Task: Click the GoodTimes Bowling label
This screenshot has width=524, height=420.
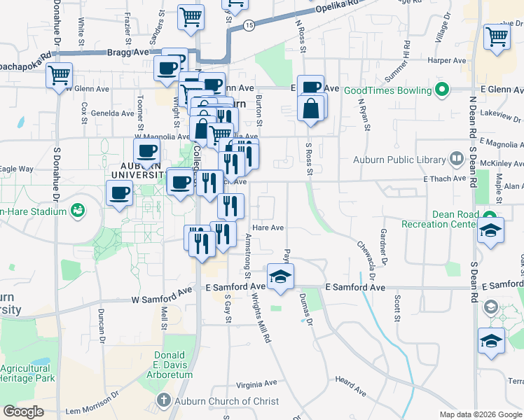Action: (x=388, y=90)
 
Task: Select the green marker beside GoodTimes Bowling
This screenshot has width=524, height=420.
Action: (x=441, y=90)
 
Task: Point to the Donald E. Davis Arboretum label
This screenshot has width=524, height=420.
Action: (x=169, y=365)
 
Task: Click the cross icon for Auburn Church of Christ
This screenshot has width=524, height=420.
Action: (x=163, y=401)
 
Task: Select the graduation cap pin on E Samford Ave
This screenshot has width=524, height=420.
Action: (x=280, y=276)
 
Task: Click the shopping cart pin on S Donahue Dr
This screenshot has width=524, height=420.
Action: (x=60, y=74)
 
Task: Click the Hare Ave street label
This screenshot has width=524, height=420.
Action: (x=268, y=227)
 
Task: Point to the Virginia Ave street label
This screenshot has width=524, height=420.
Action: (x=256, y=384)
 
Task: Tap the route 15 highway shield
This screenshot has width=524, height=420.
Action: (x=249, y=25)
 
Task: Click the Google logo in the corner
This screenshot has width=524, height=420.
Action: (x=24, y=412)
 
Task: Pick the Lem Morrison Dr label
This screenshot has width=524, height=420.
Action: (x=92, y=410)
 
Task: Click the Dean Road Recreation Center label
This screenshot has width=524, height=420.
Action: (x=438, y=218)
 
